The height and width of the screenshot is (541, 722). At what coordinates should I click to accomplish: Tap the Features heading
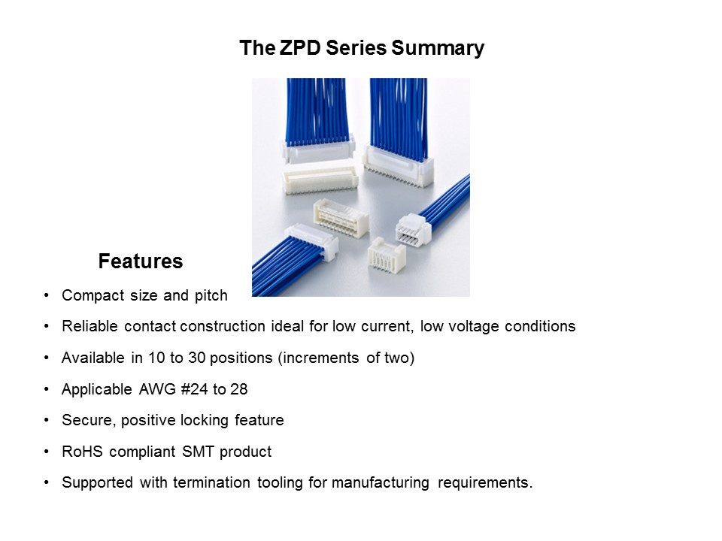pos(140,261)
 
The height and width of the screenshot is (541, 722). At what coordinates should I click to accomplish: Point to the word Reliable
pos(88,327)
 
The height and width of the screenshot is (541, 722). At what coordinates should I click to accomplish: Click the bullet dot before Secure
pos(47,420)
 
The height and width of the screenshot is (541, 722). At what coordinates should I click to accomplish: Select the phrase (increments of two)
pos(347,358)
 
